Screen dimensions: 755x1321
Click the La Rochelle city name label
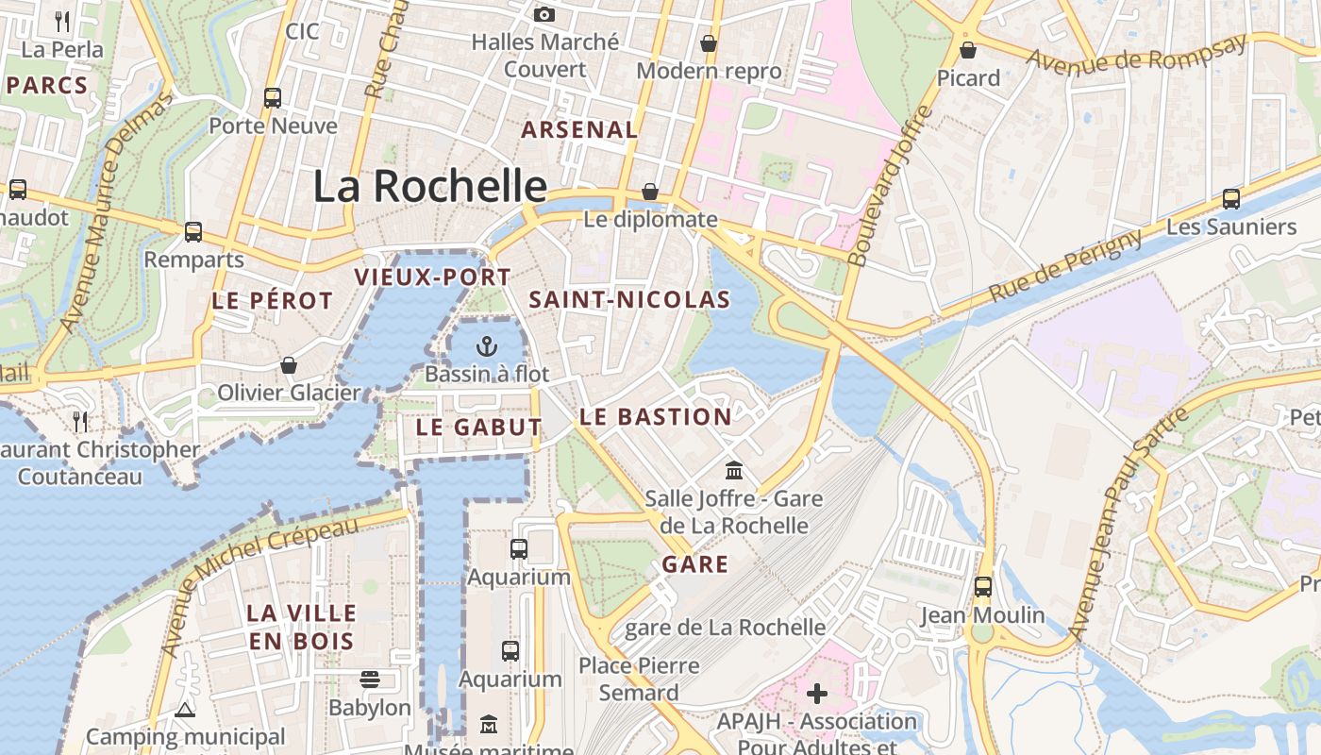pyautogui.click(x=429, y=186)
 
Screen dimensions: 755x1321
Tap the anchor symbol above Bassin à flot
pyautogui.click(x=487, y=346)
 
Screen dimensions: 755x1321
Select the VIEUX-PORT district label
pyautogui.click(x=432, y=277)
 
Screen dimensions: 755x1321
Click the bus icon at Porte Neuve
pyautogui.click(x=273, y=97)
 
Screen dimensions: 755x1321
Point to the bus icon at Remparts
pyautogui.click(x=193, y=231)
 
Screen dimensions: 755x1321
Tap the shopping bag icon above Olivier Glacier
pyautogui.click(x=289, y=365)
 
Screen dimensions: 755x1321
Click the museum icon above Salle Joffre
pyautogui.click(x=733, y=470)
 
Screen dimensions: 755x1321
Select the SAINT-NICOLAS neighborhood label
pyautogui.click(x=629, y=300)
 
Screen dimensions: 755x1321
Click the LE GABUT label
pyautogui.click(x=479, y=427)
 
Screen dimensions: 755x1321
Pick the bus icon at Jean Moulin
pyautogui.click(x=983, y=587)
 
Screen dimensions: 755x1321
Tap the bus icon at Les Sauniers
pyautogui.click(x=1231, y=199)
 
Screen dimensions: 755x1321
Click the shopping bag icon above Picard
pyautogui.click(x=968, y=50)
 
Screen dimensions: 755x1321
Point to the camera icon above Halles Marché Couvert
pyautogui.click(x=544, y=14)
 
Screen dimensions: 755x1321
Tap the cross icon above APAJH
pyautogui.click(x=817, y=695)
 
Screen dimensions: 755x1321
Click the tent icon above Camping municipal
pyautogui.click(x=185, y=709)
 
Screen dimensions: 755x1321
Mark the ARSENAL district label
pyautogui.click(x=580, y=130)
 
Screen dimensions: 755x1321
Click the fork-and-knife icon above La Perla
pyautogui.click(x=62, y=20)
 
